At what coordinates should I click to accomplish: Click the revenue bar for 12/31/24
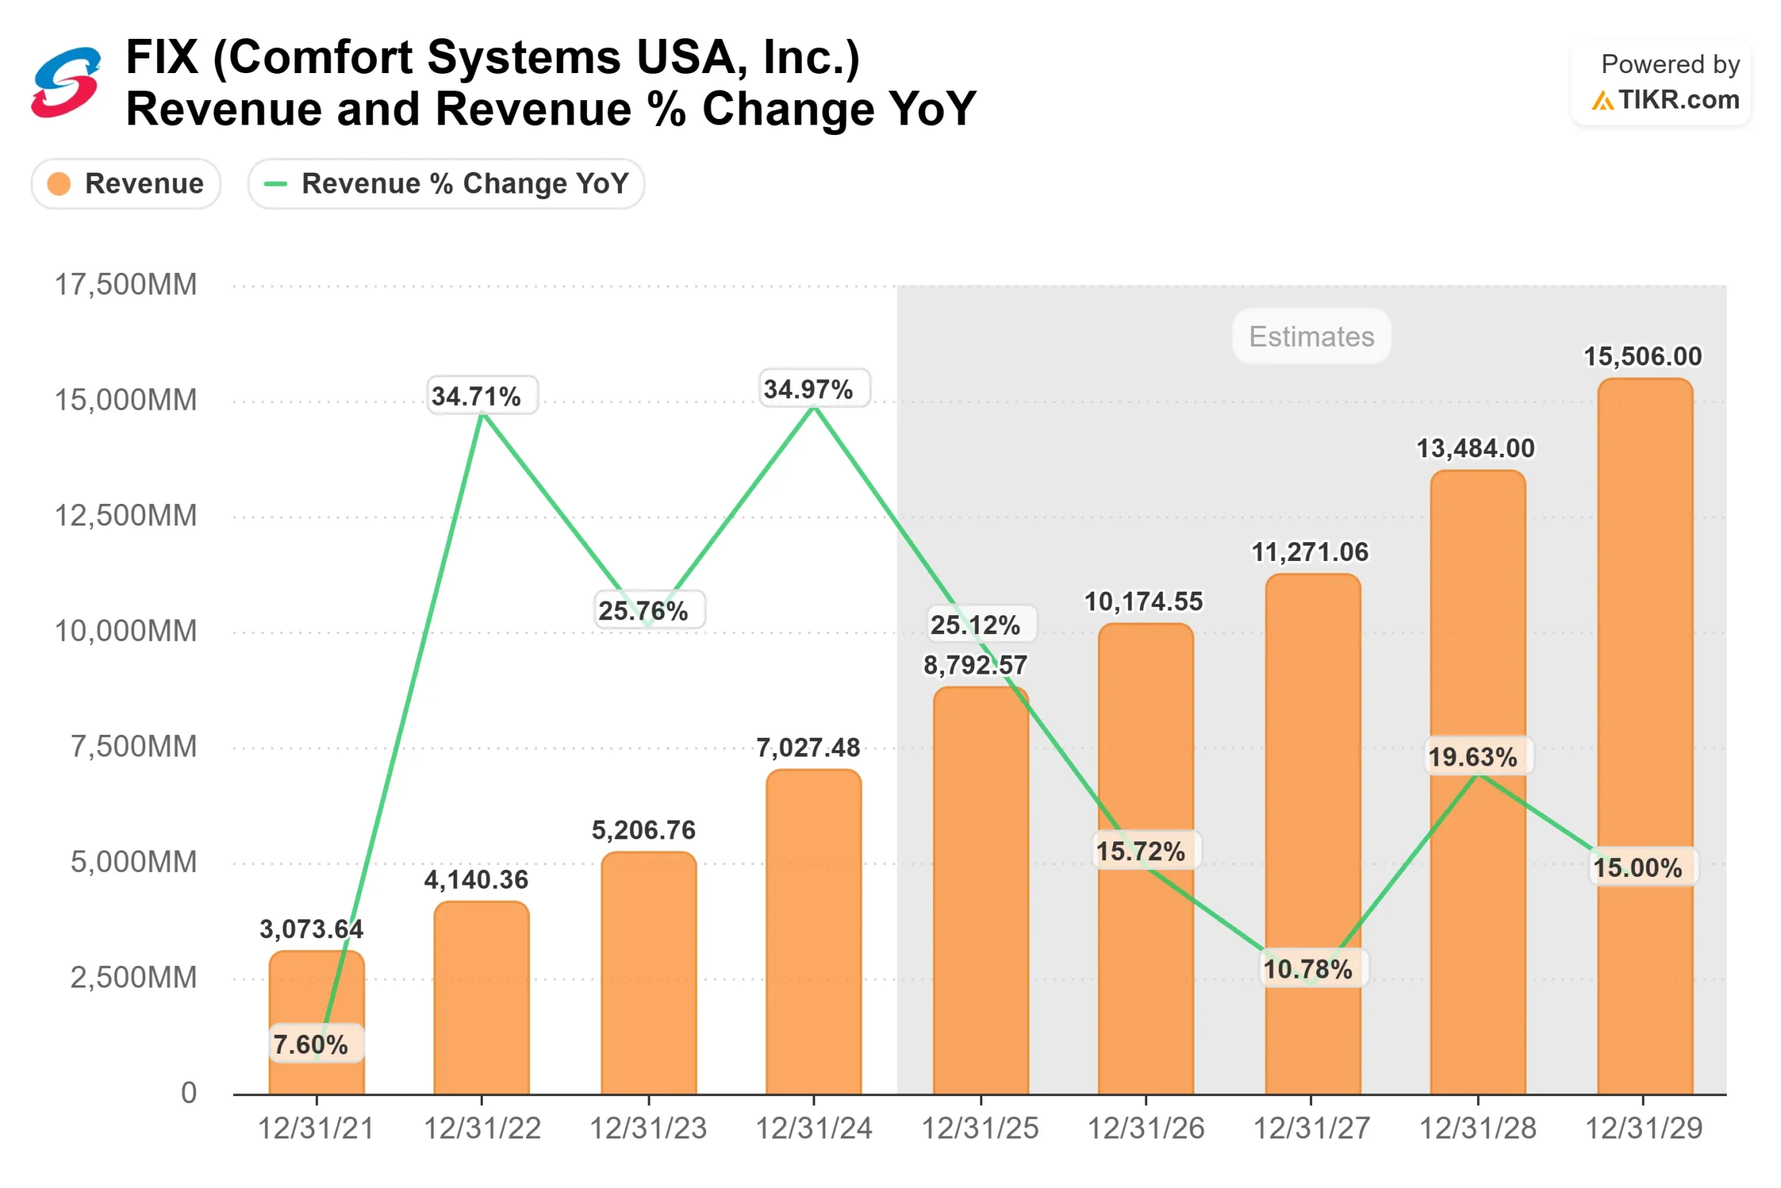813,932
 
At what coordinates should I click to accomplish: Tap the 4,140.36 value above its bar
477,880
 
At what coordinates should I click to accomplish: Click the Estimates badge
1311,336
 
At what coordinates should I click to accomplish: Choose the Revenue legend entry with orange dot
126,183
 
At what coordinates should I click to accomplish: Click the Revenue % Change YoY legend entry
446,183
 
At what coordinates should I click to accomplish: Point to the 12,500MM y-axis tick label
126,516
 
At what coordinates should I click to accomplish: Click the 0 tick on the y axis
189,1093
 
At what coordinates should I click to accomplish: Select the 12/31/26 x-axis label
1146,1129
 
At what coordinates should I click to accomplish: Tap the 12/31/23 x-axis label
648,1129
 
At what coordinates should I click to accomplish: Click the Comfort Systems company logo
66,82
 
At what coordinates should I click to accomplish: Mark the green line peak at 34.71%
482,413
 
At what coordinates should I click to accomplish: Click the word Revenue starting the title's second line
224,109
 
